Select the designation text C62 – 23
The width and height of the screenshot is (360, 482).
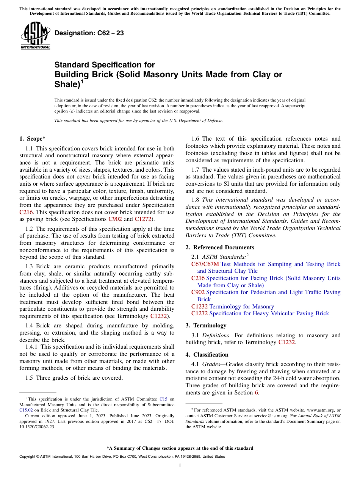coord(89,33)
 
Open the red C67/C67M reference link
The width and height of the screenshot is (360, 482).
coord(205,264)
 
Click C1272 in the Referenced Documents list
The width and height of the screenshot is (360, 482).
coord(199,313)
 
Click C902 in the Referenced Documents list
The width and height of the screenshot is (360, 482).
coord(198,292)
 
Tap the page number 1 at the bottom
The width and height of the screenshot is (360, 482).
coord(180,465)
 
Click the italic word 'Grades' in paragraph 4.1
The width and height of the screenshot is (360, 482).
coord(212,364)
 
